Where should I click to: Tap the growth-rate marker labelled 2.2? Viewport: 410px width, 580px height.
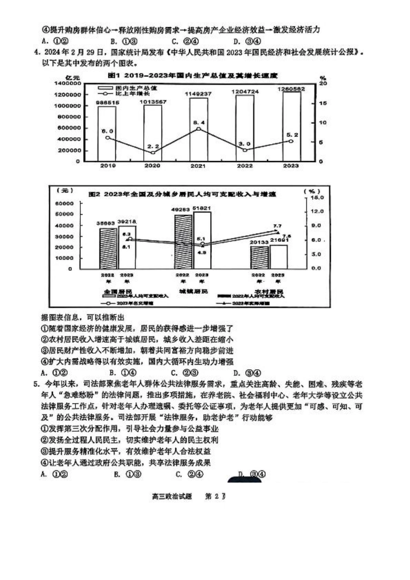153,152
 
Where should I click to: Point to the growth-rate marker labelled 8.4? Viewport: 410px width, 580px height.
198,129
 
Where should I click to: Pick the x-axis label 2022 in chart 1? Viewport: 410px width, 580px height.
245,166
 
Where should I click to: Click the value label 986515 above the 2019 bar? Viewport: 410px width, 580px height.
107,103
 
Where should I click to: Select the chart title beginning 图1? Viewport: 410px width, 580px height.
192,76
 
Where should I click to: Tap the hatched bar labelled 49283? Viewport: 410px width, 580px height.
183,242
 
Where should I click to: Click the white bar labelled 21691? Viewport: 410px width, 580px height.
278,257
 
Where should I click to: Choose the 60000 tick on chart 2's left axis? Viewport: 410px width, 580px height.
65,203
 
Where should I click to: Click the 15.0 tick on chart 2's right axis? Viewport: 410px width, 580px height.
317,197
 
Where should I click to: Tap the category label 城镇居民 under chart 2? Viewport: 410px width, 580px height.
193,292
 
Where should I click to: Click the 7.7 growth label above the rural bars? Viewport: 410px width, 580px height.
277,226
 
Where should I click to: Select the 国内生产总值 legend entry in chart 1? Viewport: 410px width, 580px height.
129,88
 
